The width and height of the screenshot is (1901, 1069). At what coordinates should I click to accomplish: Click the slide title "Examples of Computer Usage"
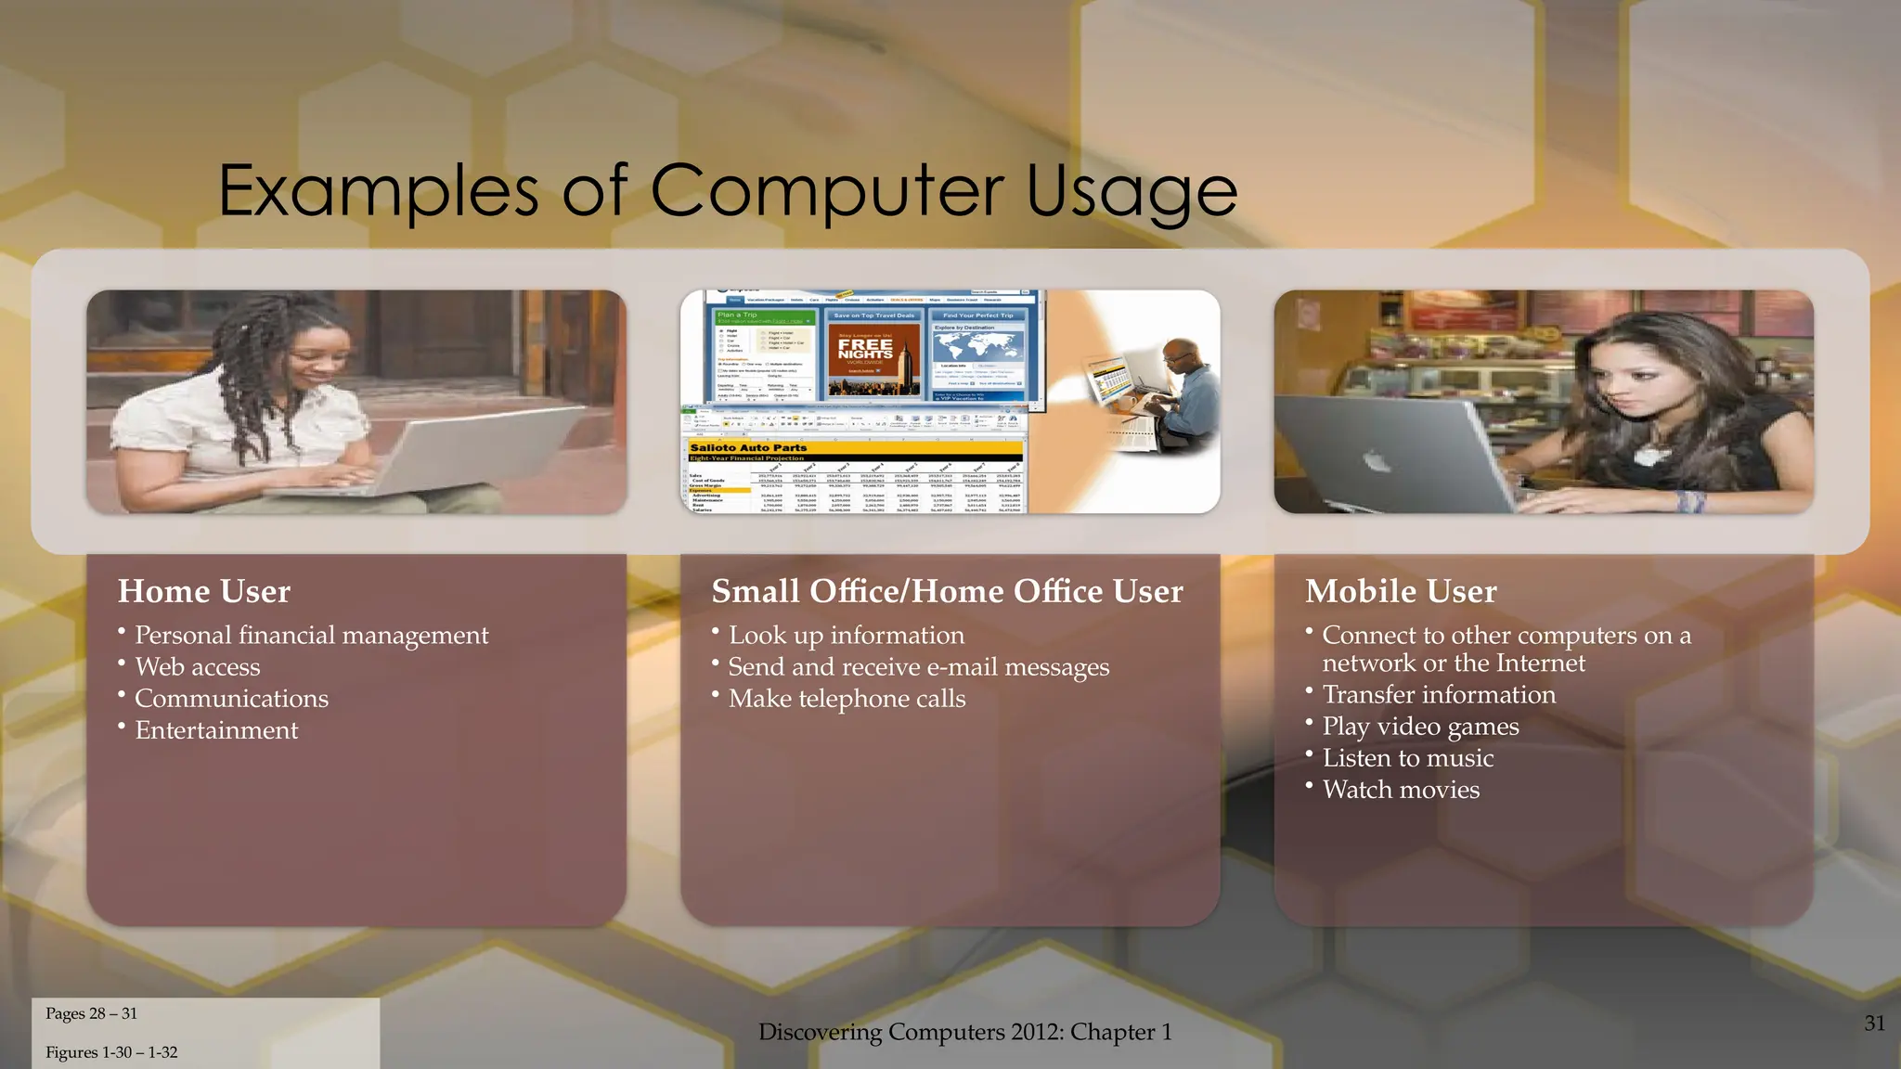[728, 190]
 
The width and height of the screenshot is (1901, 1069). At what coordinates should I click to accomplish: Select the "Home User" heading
[204, 591]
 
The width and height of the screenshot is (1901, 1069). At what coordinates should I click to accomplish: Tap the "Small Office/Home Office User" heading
[947, 591]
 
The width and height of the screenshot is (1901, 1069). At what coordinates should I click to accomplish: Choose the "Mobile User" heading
[1401, 591]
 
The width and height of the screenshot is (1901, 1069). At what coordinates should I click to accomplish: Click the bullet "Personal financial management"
[311, 636]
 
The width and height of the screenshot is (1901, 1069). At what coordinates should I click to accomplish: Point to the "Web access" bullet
[197, 667]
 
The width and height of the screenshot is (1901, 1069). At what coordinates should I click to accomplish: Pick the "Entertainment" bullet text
[216, 730]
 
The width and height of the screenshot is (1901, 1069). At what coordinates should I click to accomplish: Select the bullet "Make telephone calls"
[847, 699]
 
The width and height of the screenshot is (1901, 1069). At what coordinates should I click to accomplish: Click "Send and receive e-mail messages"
[918, 667]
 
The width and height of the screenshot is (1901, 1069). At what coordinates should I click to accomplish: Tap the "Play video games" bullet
[1420, 727]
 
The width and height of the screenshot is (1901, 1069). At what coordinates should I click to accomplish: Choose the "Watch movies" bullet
[1401, 790]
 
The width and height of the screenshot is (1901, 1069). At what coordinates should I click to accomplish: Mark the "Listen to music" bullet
[1407, 758]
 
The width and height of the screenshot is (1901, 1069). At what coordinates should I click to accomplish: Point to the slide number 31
[1874, 1024]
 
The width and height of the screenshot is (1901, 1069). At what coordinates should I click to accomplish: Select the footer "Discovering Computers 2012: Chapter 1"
[964, 1032]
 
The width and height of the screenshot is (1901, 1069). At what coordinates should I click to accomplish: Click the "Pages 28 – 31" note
[91, 1013]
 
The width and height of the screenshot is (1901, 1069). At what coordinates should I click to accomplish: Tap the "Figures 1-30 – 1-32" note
[111, 1052]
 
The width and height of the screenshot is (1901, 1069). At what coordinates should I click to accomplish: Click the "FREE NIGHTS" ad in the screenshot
[865, 350]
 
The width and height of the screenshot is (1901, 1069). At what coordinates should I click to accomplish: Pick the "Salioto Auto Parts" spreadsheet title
[748, 447]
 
